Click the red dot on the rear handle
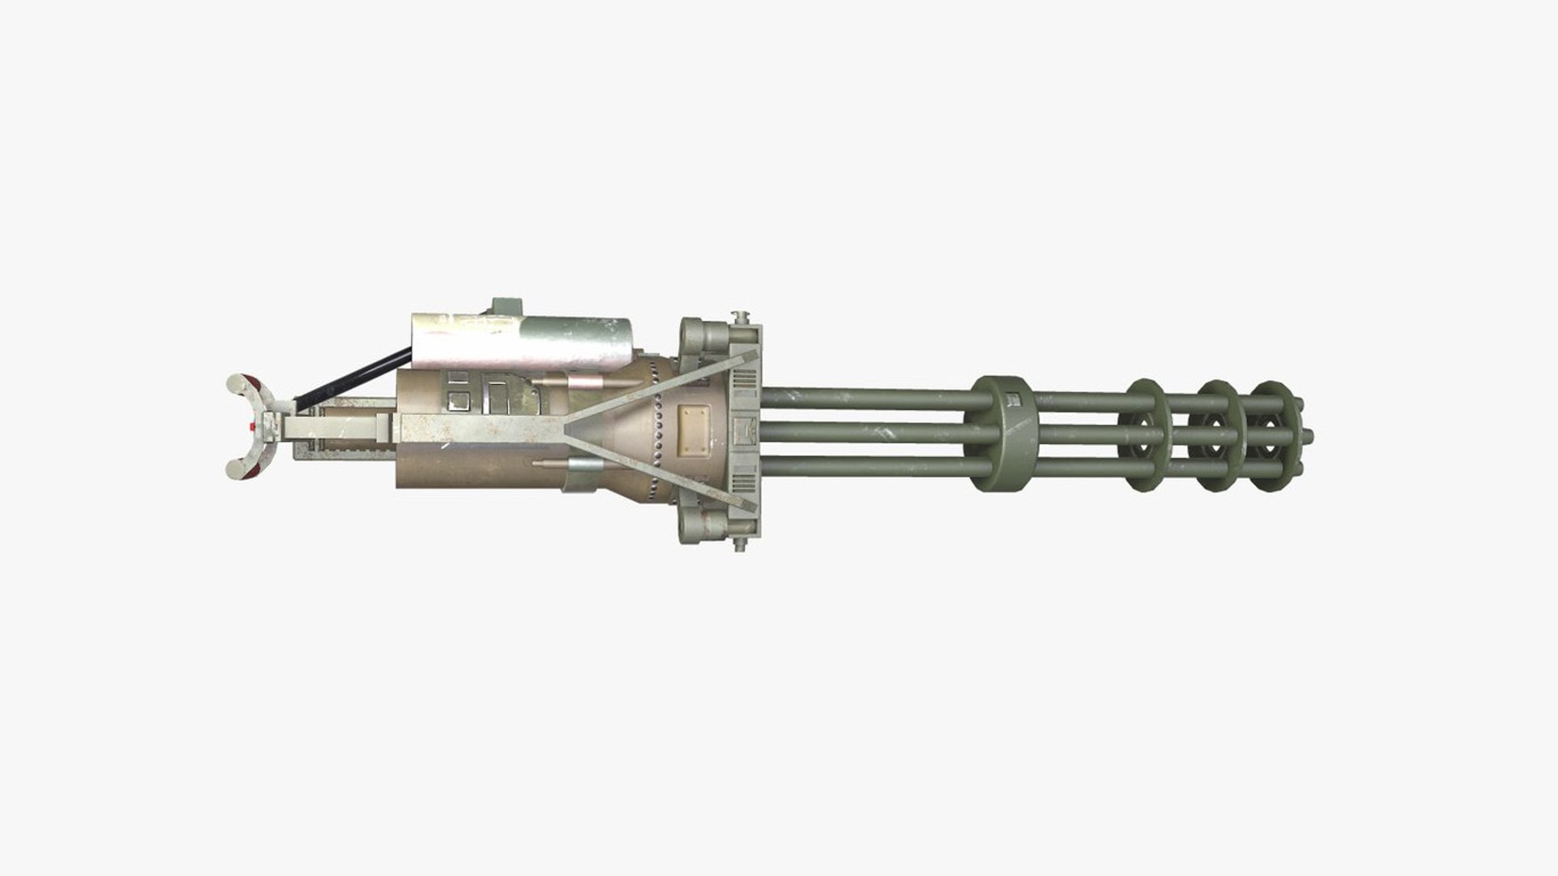pos(253,425)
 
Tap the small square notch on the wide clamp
pos(1011,399)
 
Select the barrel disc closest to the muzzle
pos(1272,436)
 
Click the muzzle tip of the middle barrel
pos(1307,437)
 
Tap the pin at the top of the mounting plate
pos(739,316)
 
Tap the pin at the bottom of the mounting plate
pos(739,543)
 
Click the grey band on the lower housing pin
pos(584,464)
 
